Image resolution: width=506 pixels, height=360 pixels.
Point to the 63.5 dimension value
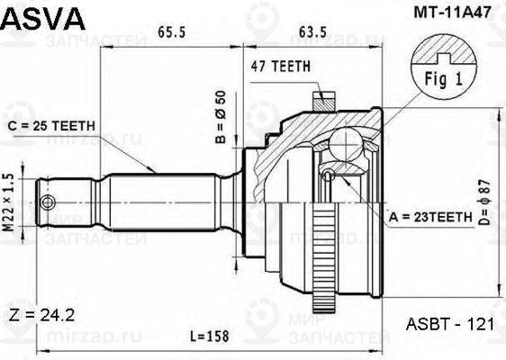(312, 32)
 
